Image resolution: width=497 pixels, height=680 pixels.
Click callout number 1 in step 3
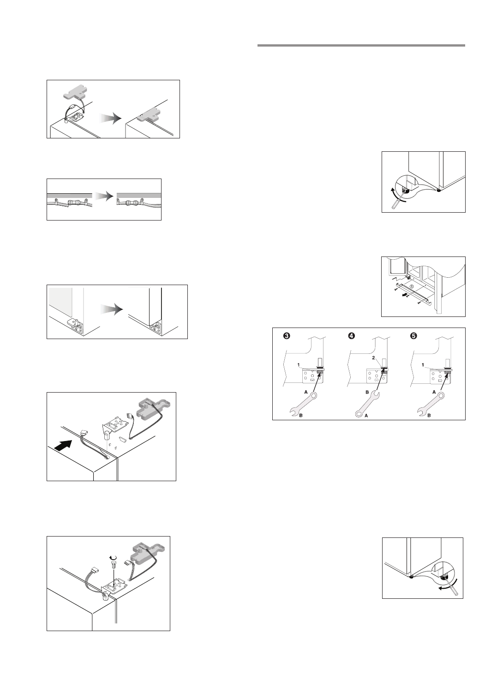point(299,365)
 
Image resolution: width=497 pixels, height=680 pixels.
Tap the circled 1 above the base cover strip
point(412,286)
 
